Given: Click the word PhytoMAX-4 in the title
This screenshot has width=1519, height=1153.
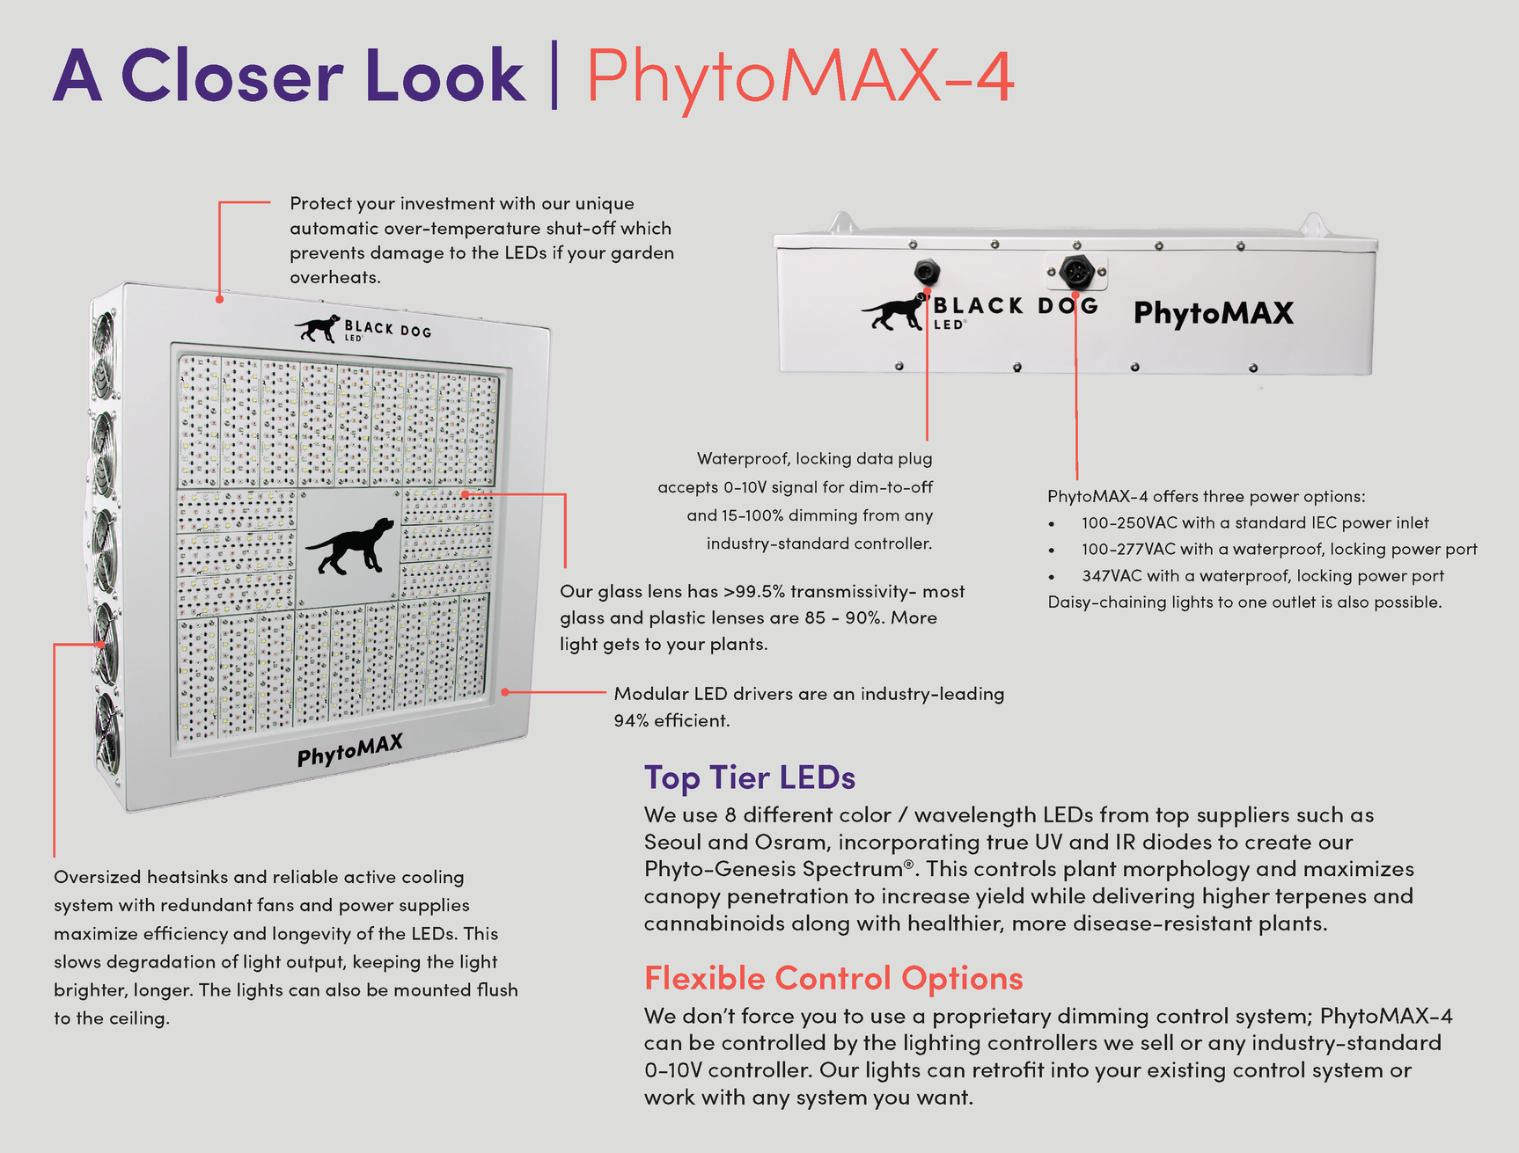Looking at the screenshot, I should point(799,77).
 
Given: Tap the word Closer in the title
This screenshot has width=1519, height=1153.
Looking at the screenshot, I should point(231,77).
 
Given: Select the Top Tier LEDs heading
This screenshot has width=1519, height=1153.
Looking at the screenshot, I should point(749,777).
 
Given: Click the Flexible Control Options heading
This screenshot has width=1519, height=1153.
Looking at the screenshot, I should point(833,978).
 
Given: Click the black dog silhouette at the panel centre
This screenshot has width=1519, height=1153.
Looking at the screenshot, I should point(350,546).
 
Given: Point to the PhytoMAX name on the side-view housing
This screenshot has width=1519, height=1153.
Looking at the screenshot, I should point(1213,313).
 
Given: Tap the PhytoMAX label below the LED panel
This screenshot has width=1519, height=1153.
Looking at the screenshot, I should point(349,750).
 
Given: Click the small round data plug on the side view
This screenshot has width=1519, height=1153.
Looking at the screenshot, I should point(926,272).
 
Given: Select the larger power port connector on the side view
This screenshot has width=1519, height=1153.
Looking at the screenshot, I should point(1075,272).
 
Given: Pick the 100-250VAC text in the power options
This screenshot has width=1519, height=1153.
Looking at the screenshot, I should point(1128,522).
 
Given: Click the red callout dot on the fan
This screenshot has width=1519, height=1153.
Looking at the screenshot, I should point(102,645).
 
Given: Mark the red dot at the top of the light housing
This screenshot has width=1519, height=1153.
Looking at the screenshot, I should point(219,299).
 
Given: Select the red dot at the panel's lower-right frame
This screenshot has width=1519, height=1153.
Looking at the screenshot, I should point(504,692).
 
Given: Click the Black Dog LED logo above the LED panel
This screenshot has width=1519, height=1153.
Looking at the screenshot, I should point(363,329).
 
